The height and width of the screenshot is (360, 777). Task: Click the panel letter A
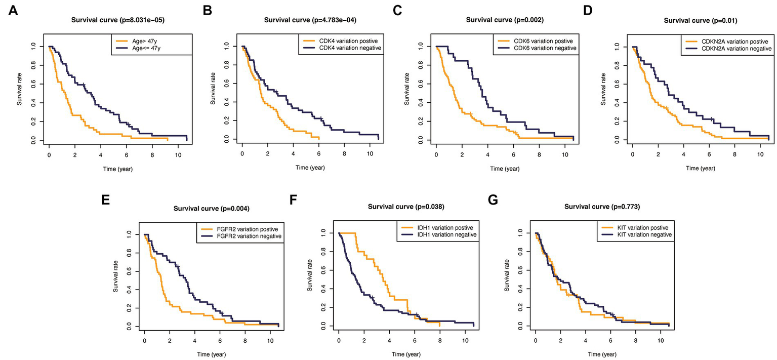point(12,11)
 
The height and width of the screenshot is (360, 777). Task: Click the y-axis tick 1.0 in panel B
point(227,47)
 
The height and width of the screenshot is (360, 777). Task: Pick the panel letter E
point(106,199)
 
